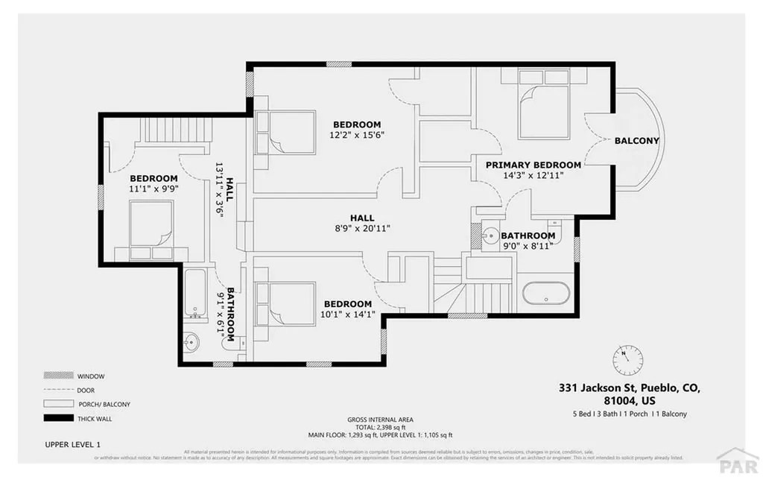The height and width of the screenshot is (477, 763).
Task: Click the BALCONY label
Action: [x=636, y=141]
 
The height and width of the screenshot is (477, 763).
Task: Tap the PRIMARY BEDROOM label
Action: [x=533, y=165]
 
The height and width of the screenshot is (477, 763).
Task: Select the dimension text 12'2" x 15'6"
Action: [x=357, y=136]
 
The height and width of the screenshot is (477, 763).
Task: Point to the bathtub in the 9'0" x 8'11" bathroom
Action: [x=547, y=293]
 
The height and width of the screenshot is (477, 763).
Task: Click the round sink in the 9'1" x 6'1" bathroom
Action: [x=191, y=343]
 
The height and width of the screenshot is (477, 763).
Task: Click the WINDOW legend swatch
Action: [x=56, y=376]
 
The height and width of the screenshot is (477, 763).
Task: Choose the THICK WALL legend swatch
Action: [x=56, y=418]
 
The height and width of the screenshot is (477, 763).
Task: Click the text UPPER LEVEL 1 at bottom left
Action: [x=72, y=445]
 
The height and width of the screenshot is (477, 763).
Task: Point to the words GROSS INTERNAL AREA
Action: [x=380, y=420]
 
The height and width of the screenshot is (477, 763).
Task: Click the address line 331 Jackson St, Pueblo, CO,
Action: [x=630, y=388]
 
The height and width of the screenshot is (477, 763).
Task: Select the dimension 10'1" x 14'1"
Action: [x=347, y=315]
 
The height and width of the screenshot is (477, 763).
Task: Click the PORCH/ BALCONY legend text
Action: [x=104, y=404]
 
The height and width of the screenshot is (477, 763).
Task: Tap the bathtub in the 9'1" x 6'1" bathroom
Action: [x=195, y=292]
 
